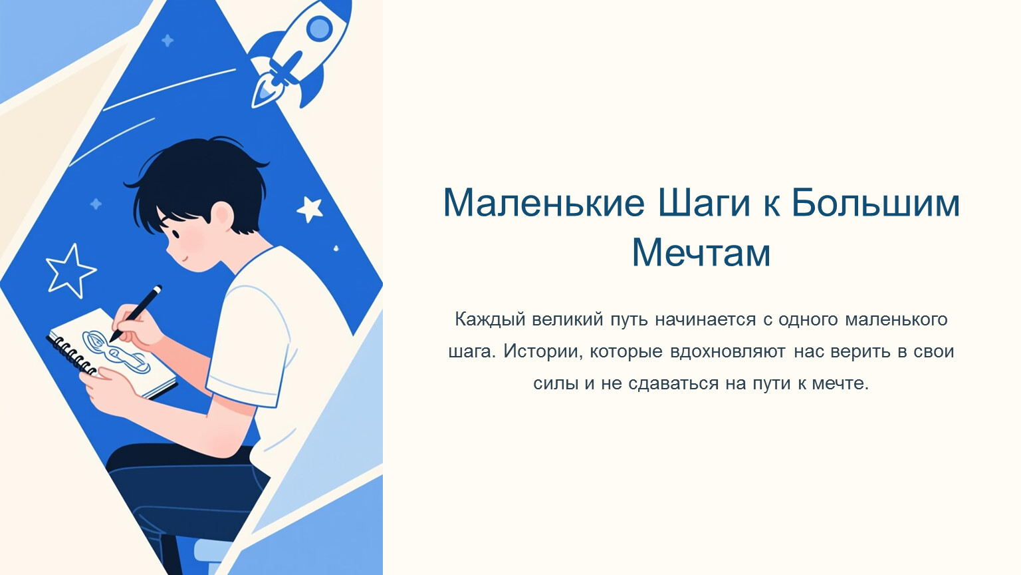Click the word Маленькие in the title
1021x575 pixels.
coord(544,202)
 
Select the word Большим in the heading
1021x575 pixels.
coord(875,202)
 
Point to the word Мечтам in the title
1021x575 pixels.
coord(701,252)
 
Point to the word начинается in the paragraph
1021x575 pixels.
coord(705,319)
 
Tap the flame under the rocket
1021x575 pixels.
coord(264,94)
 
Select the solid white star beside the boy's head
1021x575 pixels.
coord(310,209)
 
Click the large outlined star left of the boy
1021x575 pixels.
coord(70,271)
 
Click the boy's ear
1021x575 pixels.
coord(223,214)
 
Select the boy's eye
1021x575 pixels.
coord(175,234)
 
